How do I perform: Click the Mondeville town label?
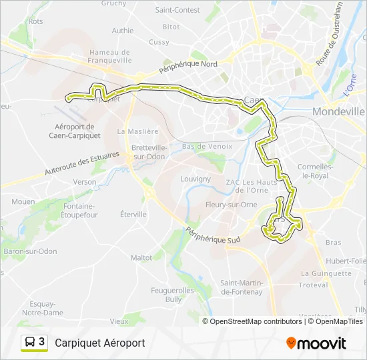[338, 111]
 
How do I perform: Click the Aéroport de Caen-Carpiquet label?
[75, 131]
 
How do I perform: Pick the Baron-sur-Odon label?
[31, 251]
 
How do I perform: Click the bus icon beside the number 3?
[30, 342]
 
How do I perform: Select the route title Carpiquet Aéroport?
[100, 343]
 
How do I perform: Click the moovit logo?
[316, 343]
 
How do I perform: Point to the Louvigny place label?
[196, 179]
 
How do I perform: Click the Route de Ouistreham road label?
[329, 33]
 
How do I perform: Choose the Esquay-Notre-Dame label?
[43, 308]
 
